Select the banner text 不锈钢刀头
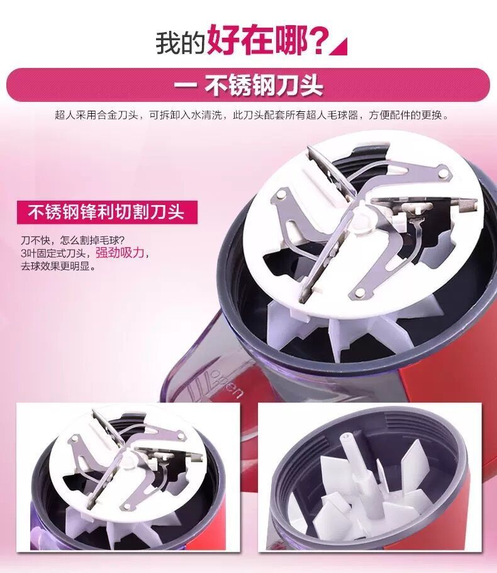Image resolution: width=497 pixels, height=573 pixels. (x=263, y=86)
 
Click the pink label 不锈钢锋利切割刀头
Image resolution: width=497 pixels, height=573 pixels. (x=106, y=212)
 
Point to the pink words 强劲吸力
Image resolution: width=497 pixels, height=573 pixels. (x=120, y=252)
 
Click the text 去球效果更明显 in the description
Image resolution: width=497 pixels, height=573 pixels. (x=58, y=266)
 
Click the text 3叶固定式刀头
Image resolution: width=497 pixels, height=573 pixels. (x=53, y=253)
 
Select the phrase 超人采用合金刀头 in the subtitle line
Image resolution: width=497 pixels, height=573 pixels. (x=96, y=116)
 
